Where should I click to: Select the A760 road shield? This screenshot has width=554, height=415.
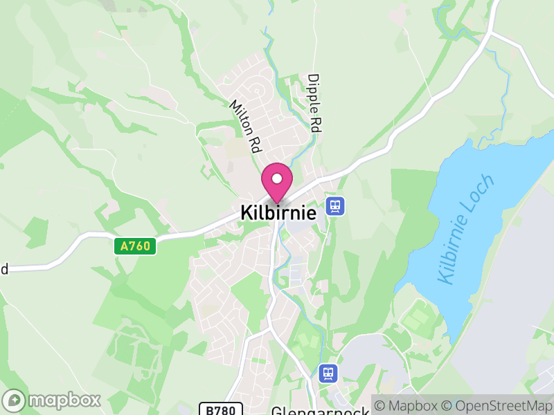[x=134, y=246]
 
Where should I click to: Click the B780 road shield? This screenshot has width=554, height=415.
[x=221, y=409]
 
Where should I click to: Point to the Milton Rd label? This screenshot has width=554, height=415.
[x=245, y=125]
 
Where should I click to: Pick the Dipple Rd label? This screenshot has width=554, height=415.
[x=315, y=104]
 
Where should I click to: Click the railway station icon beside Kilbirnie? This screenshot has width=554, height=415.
[x=335, y=205]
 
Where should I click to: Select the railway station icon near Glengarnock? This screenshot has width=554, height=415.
[x=328, y=373]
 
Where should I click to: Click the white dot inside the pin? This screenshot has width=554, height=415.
[x=277, y=178]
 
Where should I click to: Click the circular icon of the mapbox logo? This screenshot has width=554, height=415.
[x=14, y=400]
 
